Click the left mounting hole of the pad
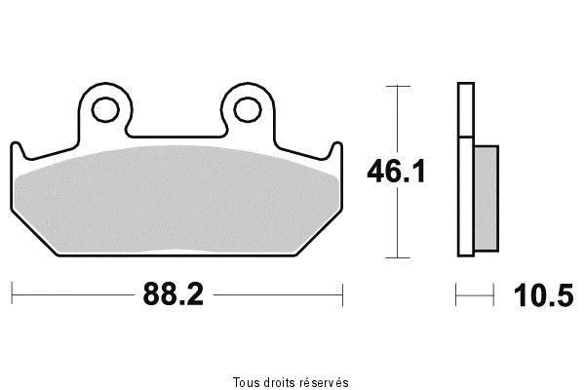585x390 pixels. (105, 110)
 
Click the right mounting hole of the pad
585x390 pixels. (247, 110)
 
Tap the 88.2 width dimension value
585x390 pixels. (174, 294)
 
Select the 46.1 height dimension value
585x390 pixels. (396, 172)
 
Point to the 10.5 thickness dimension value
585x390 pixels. (544, 295)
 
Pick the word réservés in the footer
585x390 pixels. (325, 382)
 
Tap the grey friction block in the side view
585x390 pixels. (487, 198)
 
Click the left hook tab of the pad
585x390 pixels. (18, 151)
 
